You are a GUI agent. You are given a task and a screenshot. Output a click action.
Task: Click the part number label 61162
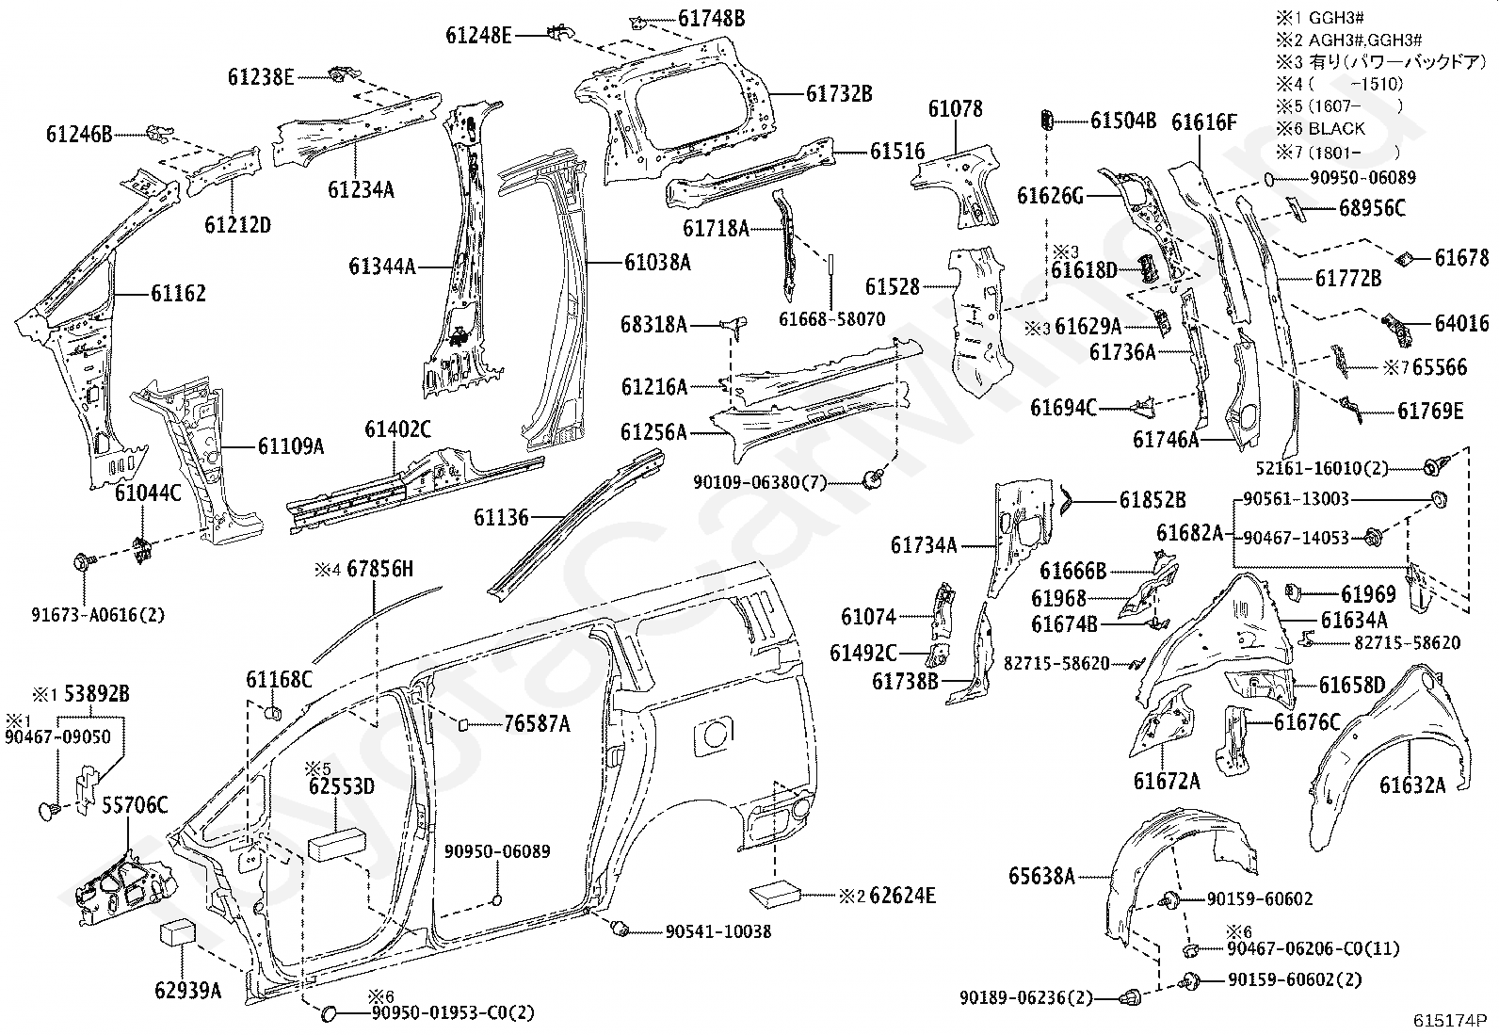pyautogui.click(x=178, y=294)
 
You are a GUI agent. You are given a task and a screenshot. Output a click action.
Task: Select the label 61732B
pyautogui.click(x=839, y=94)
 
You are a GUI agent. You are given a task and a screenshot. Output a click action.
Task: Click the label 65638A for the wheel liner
pyautogui.click(x=1041, y=876)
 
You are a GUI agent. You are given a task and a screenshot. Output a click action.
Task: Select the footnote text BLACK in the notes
pyautogui.click(x=1336, y=128)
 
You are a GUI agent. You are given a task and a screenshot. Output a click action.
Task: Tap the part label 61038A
pyautogui.click(x=656, y=263)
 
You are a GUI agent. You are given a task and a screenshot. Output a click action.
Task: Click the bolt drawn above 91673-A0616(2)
pyautogui.click(x=82, y=563)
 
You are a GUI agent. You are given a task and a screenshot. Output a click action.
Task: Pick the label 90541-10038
pyautogui.click(x=717, y=931)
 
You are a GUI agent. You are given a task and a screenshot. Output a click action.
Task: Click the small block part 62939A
pyautogui.click(x=177, y=933)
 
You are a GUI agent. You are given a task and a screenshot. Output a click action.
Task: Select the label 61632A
pyautogui.click(x=1411, y=784)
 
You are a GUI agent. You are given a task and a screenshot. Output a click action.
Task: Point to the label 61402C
pyautogui.click(x=397, y=430)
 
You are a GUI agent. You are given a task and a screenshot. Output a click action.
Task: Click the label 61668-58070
pyautogui.click(x=831, y=319)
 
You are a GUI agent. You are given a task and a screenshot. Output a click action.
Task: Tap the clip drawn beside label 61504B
pyautogui.click(x=1045, y=120)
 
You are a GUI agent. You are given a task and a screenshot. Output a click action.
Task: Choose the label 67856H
pyautogui.click(x=379, y=569)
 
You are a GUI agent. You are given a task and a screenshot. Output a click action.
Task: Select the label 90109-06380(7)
pyautogui.click(x=759, y=482)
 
